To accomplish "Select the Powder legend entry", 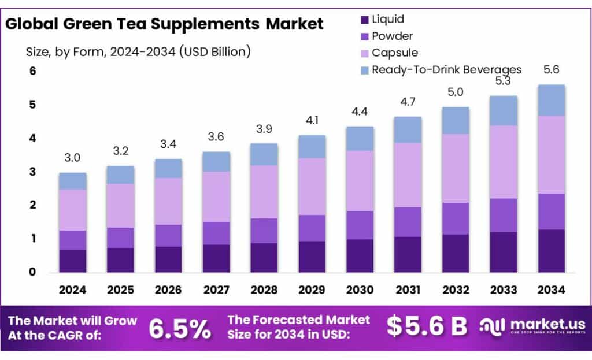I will [x=393, y=36].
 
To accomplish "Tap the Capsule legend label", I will [x=395, y=53].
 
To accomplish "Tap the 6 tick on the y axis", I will [x=33, y=71].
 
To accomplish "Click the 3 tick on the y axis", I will [x=33, y=172].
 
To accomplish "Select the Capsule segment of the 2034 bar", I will [x=551, y=154].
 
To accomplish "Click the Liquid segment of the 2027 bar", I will [x=216, y=258].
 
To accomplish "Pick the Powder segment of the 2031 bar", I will [x=408, y=222].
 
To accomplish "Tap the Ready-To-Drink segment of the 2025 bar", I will [x=120, y=175].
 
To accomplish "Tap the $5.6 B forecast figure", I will [x=427, y=326].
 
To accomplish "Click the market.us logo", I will [x=532, y=326].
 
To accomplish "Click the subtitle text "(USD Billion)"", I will [x=214, y=51].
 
